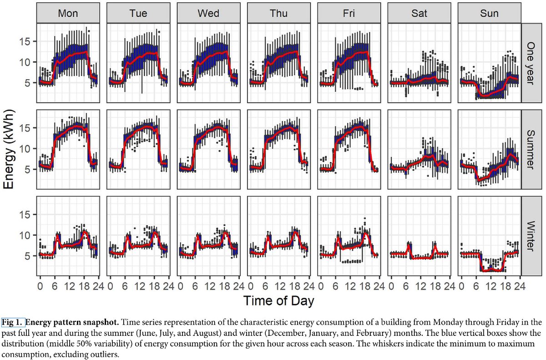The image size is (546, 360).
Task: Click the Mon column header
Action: coord(68,14)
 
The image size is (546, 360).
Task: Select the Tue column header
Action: coord(138,14)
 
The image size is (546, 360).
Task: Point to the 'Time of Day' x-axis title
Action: coord(278,301)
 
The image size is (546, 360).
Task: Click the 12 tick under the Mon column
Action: coord(69,286)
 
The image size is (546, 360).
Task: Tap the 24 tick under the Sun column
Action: coord(514,286)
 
